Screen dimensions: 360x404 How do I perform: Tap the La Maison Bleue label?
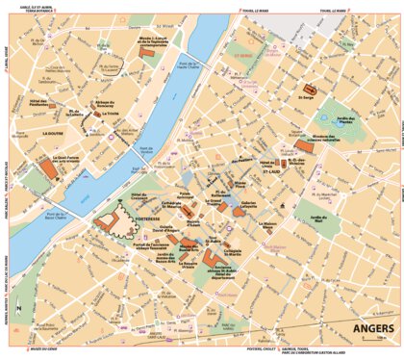[266, 225]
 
